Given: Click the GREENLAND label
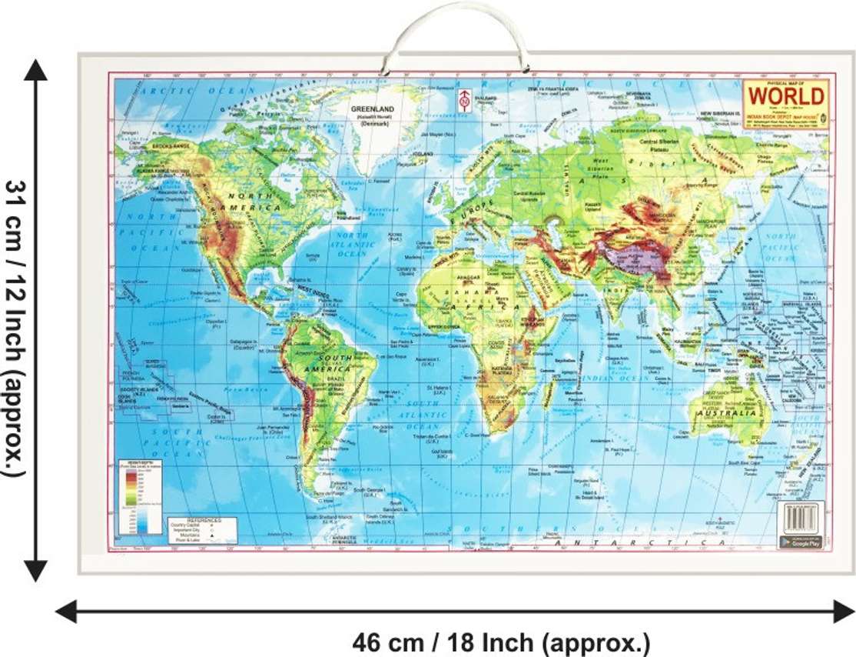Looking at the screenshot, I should pyautogui.click(x=373, y=109).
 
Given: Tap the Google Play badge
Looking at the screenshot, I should pyautogui.click(x=801, y=540).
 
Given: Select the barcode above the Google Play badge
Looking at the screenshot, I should pyautogui.click(x=801, y=517).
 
